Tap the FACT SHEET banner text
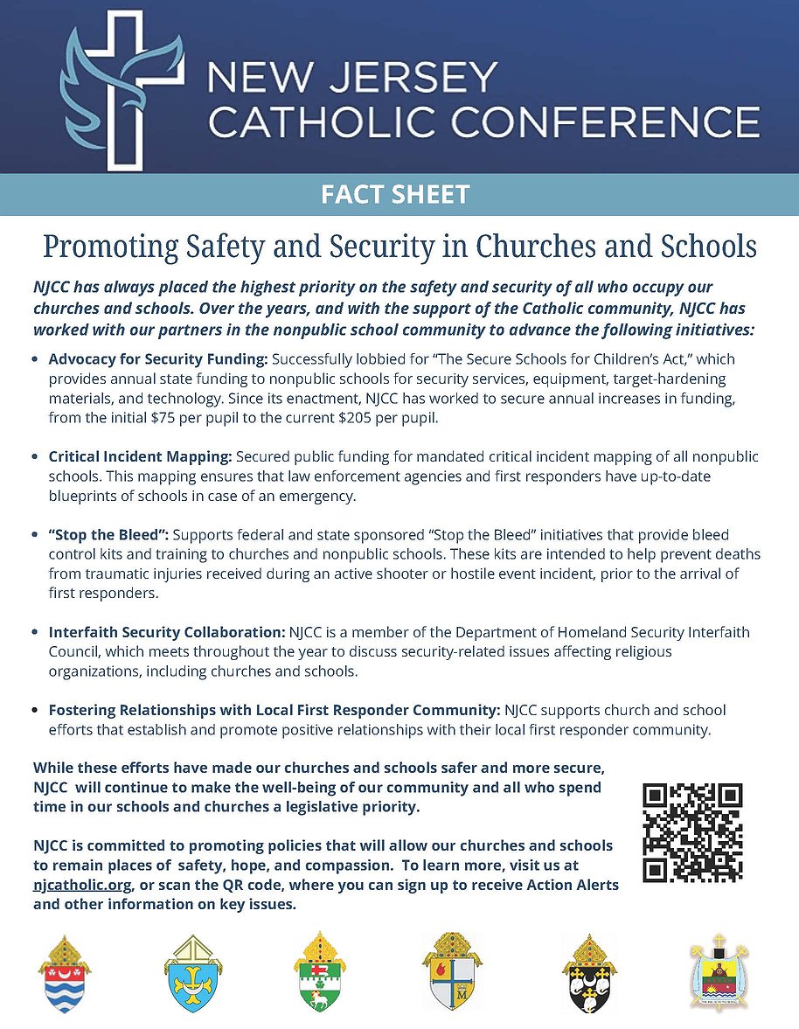click(x=395, y=194)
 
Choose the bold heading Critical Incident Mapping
click(x=140, y=457)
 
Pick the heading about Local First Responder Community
click(x=274, y=710)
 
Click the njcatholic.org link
click(x=83, y=886)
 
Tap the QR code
click(x=692, y=832)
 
